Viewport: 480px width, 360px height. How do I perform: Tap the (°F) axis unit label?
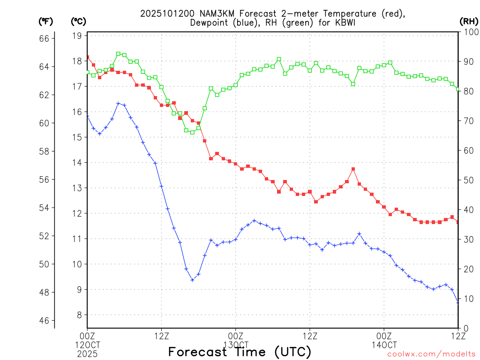point(45,21)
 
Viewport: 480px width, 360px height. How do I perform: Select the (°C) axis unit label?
point(78,21)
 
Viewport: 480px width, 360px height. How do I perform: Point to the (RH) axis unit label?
point(468,21)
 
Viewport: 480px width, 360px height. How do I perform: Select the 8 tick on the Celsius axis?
point(78,315)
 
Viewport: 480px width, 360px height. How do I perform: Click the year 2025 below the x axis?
point(87,353)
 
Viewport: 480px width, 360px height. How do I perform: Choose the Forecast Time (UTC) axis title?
point(240,352)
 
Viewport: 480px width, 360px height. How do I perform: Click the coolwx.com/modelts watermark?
point(431,354)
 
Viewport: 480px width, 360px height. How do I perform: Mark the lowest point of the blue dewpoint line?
point(192,280)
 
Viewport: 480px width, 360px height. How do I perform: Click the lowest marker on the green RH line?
point(192,132)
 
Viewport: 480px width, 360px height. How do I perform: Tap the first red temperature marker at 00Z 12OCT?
point(87,57)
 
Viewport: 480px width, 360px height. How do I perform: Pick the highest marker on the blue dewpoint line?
point(118,103)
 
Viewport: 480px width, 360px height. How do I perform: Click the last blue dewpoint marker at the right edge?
point(458,302)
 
